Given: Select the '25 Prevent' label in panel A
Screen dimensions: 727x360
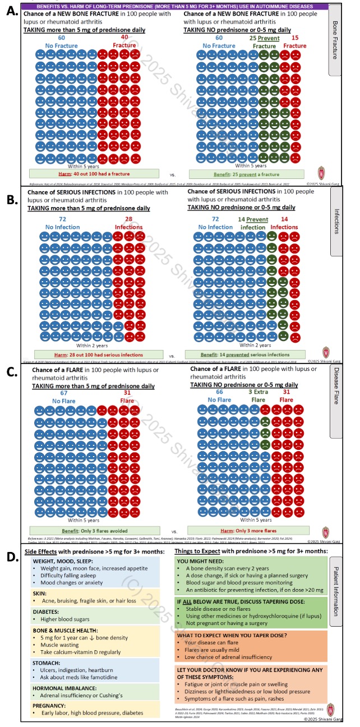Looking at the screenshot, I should (x=264, y=37).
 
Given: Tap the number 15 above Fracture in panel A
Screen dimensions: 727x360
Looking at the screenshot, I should (x=295, y=37).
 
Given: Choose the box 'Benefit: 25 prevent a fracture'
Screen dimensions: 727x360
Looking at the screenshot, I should (x=246, y=174).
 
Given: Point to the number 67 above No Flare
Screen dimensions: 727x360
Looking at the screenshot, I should (x=63, y=393).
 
